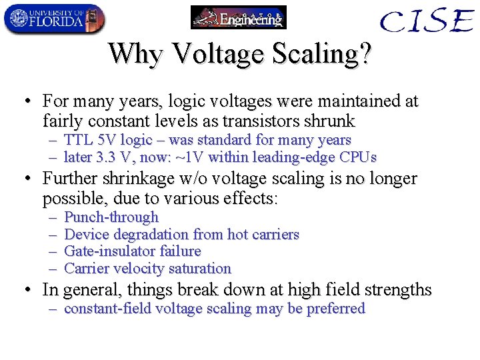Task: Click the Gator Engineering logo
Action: [238, 17]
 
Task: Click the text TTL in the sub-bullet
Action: [77, 140]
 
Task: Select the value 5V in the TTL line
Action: [104, 140]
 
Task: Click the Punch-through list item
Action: [111, 217]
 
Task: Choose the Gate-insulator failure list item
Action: [132, 251]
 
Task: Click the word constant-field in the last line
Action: [109, 309]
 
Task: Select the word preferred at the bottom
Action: [335, 309]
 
